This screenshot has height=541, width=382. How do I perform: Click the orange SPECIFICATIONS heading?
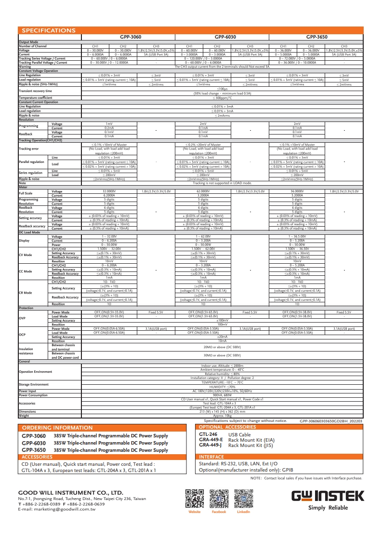pos(47,30)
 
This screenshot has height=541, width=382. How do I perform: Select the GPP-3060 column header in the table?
pos(130,36)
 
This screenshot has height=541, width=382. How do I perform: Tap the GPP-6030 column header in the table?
pos(225,36)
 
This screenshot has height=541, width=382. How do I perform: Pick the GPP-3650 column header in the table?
pos(316,36)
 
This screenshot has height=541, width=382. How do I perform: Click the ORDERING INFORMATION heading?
pos(57,428)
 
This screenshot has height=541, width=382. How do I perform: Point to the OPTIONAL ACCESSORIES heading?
pos(227,427)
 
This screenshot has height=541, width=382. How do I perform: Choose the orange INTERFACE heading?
pos(211,457)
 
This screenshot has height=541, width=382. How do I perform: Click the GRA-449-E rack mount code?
pos(211,440)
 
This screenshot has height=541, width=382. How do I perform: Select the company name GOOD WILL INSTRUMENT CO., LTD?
pos(70,492)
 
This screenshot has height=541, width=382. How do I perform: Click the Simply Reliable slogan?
pos(328,508)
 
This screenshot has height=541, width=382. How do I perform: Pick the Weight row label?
pos(24,415)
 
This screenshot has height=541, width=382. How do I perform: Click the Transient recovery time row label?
pos(35,91)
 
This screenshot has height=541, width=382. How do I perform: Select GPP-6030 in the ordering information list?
pos(34,443)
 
